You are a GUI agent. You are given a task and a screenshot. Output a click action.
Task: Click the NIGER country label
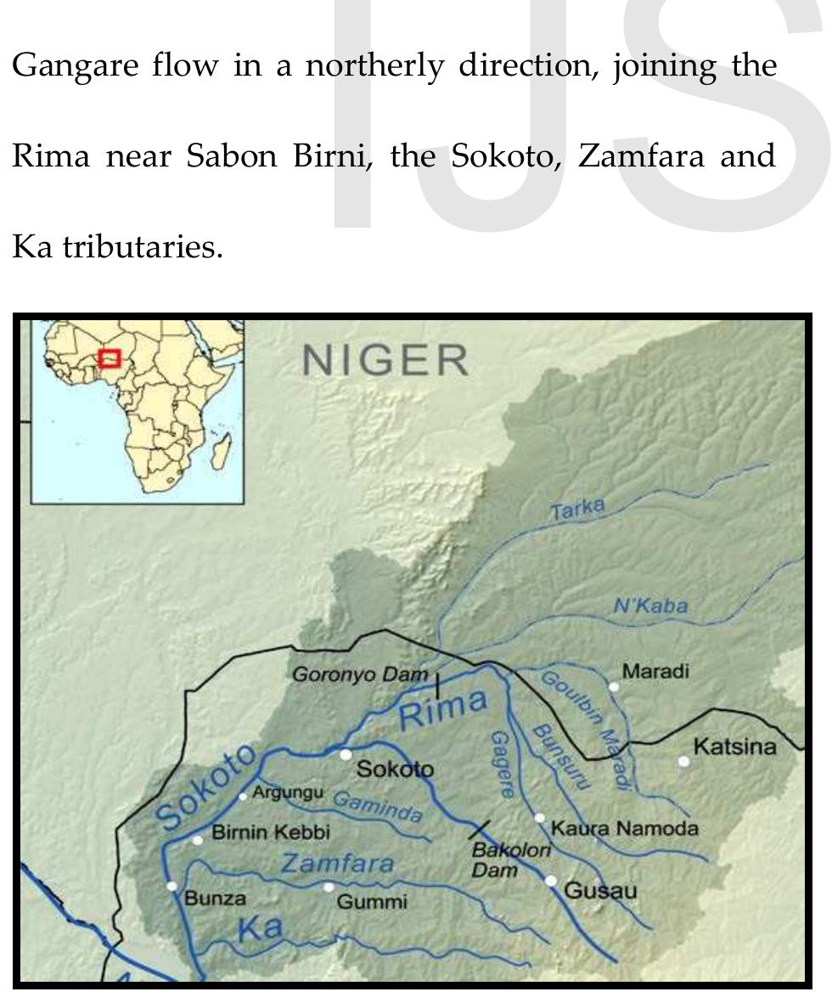tap(385, 361)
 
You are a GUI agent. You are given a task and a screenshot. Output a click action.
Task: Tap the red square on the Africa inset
tap(110, 358)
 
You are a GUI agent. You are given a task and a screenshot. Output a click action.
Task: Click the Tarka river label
tap(577, 510)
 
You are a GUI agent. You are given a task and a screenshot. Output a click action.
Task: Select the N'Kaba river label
tap(650, 606)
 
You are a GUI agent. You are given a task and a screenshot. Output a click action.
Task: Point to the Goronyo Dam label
tap(359, 674)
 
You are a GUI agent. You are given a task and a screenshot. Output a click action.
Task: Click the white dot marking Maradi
tap(614, 686)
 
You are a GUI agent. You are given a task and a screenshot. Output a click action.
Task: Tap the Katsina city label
tap(734, 747)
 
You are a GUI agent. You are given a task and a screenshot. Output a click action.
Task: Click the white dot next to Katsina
tap(684, 761)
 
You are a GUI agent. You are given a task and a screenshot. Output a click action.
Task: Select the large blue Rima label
tap(443, 709)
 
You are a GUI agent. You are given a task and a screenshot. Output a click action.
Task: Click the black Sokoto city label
tap(395, 769)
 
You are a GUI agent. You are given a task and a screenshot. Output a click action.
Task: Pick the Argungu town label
tap(288, 792)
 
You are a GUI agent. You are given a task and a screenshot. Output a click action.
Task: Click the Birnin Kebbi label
tap(270, 832)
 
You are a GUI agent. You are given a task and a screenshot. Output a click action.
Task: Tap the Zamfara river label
tap(337, 864)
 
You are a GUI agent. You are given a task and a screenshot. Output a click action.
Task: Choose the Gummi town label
tap(372, 902)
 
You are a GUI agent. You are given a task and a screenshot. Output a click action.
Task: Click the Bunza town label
tap(215, 899)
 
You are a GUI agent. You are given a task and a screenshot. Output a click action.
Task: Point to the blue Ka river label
tap(260, 928)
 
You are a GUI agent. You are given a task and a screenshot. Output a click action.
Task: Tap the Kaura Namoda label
tap(624, 827)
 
